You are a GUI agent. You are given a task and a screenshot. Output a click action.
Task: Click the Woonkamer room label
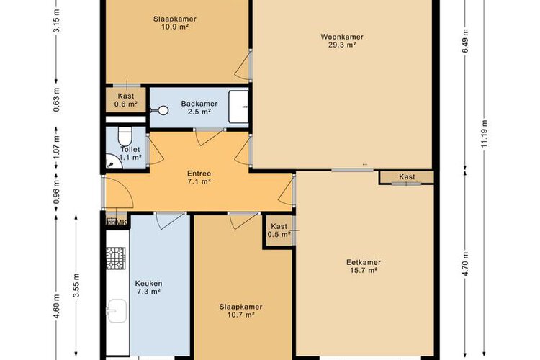click(342, 37)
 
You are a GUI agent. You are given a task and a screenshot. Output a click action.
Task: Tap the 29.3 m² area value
click(342, 45)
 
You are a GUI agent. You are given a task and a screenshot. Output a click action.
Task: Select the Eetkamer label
click(364, 263)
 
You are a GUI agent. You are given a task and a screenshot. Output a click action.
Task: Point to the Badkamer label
click(199, 104)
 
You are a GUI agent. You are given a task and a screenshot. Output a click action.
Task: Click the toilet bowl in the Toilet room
click(125, 136)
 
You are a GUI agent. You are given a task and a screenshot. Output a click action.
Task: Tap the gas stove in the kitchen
click(116, 258)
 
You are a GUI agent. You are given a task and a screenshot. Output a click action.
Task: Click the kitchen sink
click(117, 310)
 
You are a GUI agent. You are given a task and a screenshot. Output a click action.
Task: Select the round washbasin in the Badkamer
click(162, 110)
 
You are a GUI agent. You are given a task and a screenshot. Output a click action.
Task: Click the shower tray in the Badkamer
click(238, 107)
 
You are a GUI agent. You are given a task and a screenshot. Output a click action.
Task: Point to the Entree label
click(199, 174)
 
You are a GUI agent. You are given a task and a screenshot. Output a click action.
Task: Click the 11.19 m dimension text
click(485, 134)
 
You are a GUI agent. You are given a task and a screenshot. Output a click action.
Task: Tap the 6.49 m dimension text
click(465, 41)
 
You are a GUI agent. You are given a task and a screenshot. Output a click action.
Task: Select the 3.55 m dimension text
click(76, 285)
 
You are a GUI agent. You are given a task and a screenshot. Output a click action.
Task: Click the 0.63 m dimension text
click(57, 99)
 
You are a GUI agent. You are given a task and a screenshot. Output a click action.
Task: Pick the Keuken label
click(149, 284)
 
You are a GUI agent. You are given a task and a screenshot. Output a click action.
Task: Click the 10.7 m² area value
click(241, 315)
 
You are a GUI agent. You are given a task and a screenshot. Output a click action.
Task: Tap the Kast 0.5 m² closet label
click(279, 230)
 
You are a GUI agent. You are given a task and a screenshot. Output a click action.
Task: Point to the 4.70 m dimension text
click(465, 264)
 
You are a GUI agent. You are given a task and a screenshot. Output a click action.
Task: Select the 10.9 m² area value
click(175, 27)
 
